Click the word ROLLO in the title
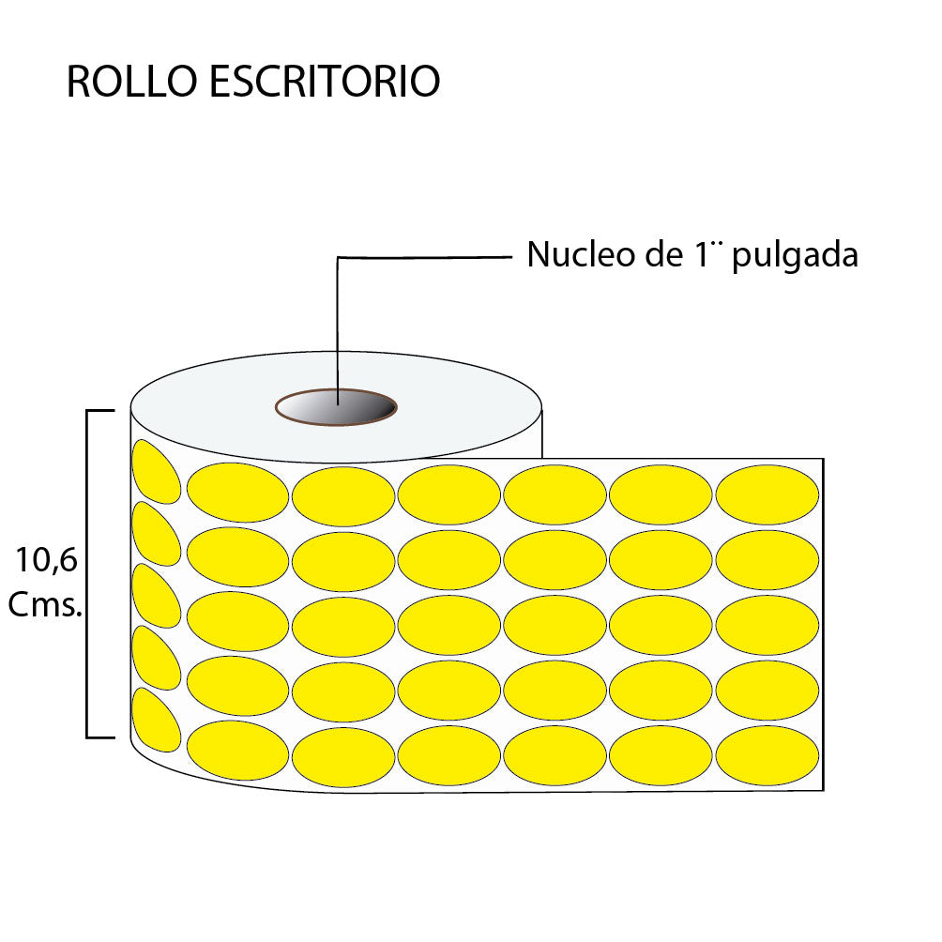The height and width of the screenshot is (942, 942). tap(132, 81)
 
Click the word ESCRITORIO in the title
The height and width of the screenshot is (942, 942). tap(325, 81)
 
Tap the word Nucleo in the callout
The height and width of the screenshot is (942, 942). tap(581, 254)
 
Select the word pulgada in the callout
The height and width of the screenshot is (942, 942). tap(795, 257)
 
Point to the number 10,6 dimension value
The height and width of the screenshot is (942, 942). tap(46, 560)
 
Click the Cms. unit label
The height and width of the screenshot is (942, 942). tap(45, 604)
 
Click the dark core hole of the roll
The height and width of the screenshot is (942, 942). tap(337, 407)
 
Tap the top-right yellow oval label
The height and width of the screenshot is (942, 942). tap(767, 494)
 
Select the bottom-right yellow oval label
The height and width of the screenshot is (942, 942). tap(767, 755)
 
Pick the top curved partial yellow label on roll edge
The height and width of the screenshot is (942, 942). tap(155, 473)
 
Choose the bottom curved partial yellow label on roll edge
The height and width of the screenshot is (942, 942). tap(155, 721)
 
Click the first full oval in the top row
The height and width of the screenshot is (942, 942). tap(238, 493)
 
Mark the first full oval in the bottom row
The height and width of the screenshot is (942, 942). tap(238, 751)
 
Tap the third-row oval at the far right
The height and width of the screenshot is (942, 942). tap(767, 625)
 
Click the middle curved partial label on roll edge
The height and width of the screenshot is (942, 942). tap(155, 597)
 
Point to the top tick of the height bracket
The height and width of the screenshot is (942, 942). tap(100, 411)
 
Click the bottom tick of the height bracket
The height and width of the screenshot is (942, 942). tap(100, 737)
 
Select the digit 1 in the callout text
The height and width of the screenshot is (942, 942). tap(702, 254)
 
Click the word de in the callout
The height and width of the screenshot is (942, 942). tap(664, 254)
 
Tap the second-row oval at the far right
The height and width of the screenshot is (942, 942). tap(767, 560)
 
